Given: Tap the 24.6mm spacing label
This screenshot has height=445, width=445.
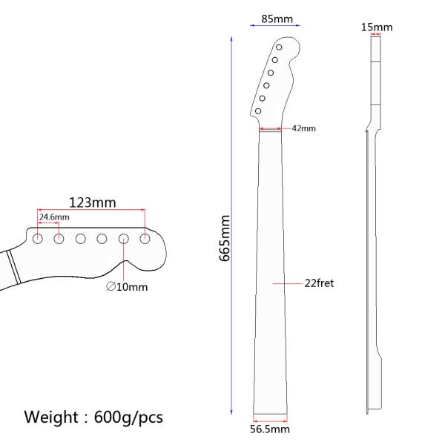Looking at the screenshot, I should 54,217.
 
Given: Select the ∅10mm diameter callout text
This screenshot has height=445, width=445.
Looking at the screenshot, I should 127,286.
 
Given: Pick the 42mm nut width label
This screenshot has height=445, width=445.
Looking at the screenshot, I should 303,128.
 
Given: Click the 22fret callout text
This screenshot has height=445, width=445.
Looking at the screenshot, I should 319,283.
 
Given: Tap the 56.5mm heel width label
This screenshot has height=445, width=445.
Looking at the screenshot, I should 268,429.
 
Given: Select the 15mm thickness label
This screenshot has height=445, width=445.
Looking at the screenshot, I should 376,27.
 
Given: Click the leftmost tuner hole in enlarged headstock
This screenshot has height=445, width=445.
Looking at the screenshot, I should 37,238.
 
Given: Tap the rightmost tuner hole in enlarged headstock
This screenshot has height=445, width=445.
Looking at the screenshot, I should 145,238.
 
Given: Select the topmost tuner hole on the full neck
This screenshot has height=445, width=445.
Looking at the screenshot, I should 279,47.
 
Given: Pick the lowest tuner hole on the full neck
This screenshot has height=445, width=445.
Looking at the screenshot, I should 257,111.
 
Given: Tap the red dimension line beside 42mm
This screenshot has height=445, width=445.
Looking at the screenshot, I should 270,129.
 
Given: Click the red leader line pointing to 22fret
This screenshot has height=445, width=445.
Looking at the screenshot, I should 288,283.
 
